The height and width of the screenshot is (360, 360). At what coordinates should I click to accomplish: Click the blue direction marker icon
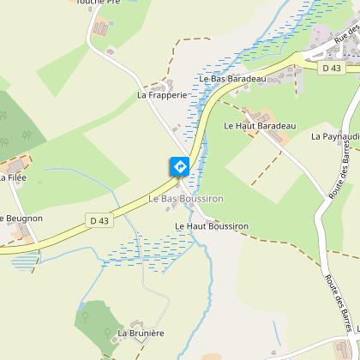[x=180, y=165]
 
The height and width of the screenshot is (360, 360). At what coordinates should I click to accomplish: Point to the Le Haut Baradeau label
[x=259, y=126]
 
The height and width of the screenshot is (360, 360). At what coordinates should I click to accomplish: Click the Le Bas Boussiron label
[x=186, y=199]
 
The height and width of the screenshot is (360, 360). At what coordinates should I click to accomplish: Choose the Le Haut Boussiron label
[x=211, y=226]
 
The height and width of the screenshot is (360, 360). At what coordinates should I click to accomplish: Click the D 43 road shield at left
[x=100, y=220]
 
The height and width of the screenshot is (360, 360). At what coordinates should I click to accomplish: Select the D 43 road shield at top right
[x=331, y=67]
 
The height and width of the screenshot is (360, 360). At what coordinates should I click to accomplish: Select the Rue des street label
[x=347, y=39]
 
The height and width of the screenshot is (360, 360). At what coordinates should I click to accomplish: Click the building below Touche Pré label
[x=101, y=28]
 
